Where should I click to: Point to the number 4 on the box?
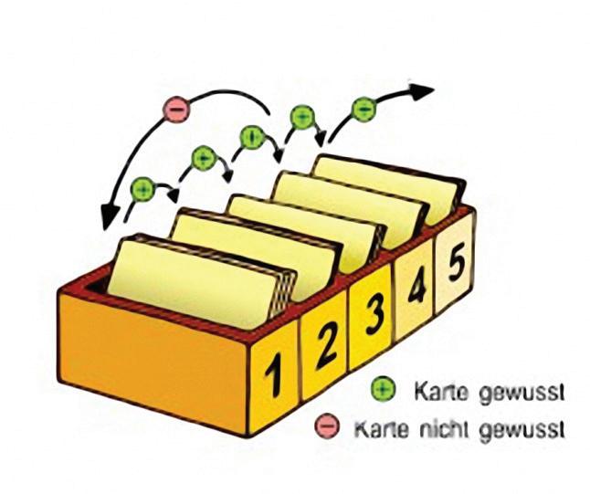coord(416,288)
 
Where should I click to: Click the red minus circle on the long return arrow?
coord(174,109)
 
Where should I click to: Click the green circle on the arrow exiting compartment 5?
coord(363,108)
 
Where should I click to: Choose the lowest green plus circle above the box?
coord(142,189)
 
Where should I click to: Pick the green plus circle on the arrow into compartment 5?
coord(301,117)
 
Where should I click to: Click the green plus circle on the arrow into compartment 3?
coord(204,159)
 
